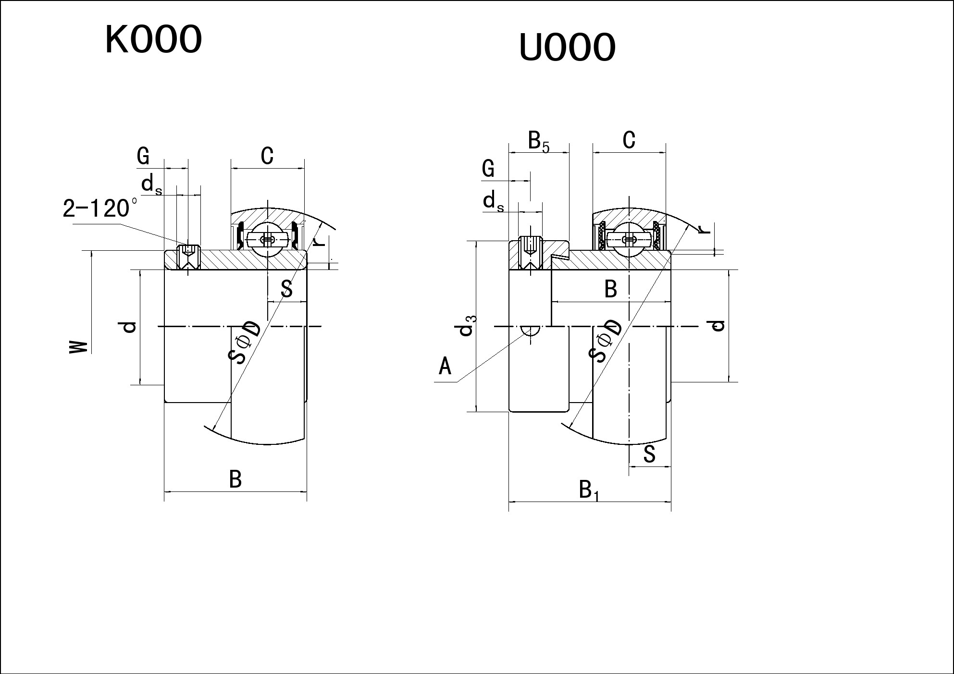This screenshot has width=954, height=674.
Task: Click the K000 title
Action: coord(153,39)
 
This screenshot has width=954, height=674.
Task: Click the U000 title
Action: coord(567,47)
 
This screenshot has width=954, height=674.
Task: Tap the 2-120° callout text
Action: coord(100,208)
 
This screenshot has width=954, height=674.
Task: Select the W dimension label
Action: coord(79,347)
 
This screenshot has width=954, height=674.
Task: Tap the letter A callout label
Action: coord(445,367)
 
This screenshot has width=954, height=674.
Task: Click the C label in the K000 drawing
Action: coord(267,156)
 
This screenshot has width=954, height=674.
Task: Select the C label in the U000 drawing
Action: coord(629,140)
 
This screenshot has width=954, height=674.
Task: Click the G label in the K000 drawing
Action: coord(143,156)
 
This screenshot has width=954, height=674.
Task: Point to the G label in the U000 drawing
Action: coord(488,169)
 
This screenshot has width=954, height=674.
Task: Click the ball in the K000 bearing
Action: coord(267,239)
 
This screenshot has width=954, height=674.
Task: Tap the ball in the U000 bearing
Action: coord(629,239)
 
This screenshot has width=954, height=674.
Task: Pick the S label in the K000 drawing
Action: coord(286,289)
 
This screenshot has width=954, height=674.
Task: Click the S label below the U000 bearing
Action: coord(649,454)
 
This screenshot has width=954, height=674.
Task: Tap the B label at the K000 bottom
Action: coord(235,479)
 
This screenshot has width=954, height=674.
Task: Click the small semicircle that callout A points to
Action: coord(530,331)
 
